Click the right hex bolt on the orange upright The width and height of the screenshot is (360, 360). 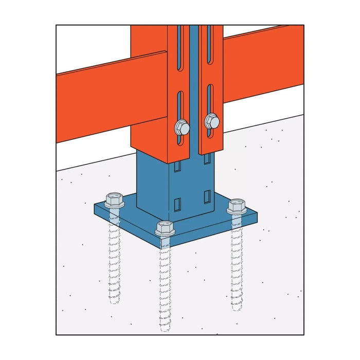tap(212, 122)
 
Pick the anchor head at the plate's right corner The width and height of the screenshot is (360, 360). tap(236, 207)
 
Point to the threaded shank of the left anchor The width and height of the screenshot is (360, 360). tap(114, 257)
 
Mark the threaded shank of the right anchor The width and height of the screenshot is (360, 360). tap(237, 262)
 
